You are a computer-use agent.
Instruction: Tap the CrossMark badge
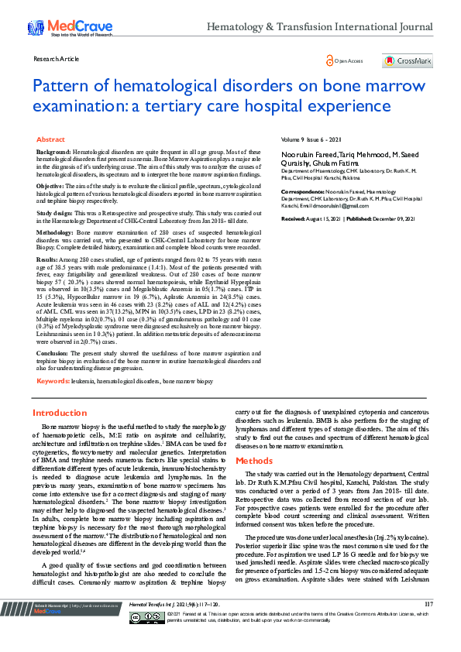[408, 60]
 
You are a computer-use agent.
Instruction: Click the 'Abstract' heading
[51, 139]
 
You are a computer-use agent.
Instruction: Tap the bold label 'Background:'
[53, 153]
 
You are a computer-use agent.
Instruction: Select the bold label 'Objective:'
[50, 187]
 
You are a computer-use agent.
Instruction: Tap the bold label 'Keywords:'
[53, 382]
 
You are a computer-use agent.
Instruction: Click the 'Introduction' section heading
[60, 414]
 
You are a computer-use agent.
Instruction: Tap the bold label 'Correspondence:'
[304, 190]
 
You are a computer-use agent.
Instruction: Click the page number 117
[428, 624]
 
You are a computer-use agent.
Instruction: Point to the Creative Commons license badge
[147, 639]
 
